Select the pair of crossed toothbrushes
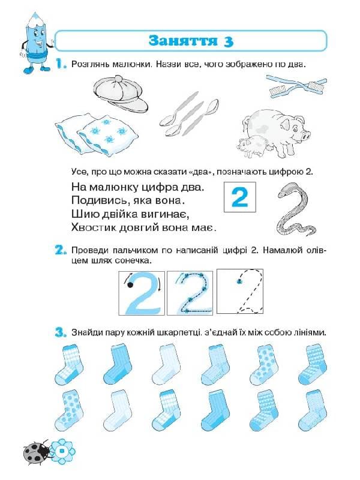point(296,85)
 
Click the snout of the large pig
point(305,136)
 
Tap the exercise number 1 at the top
point(61,64)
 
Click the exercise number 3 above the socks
point(61,332)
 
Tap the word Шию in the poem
point(82,214)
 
